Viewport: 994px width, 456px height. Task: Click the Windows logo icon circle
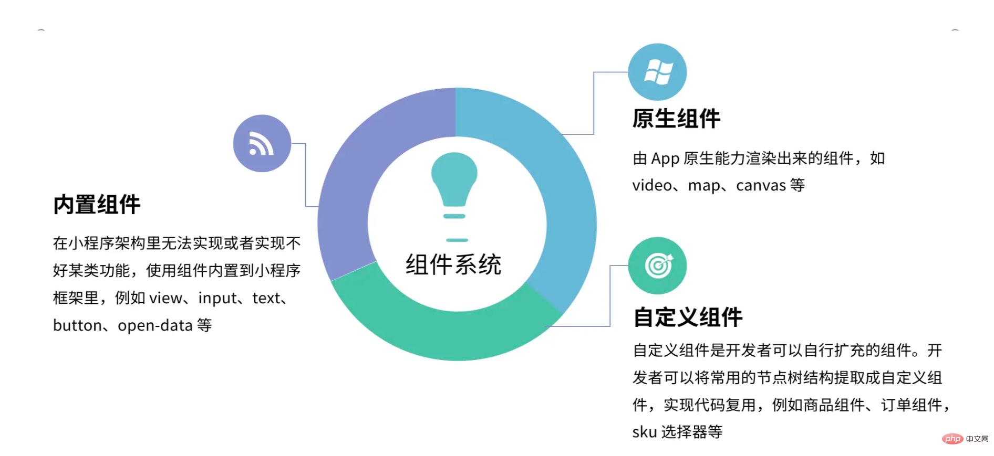click(x=657, y=72)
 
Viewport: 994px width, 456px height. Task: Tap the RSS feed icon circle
click(x=262, y=143)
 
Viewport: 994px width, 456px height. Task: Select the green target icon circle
click(x=657, y=266)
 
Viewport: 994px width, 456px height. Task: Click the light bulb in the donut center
click(x=454, y=197)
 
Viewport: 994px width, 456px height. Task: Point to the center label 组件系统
click(x=453, y=264)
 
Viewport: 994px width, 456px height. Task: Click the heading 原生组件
click(x=676, y=119)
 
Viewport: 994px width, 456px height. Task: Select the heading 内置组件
click(x=97, y=205)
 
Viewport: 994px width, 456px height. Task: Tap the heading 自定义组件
click(x=688, y=317)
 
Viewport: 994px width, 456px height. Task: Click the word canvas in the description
click(x=761, y=185)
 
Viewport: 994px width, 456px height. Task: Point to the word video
click(x=652, y=185)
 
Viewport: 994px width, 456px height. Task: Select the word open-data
click(x=155, y=326)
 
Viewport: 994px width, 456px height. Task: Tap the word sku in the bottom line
click(x=645, y=432)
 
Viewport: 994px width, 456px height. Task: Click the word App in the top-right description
click(x=665, y=158)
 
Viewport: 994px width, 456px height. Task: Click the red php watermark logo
click(x=952, y=439)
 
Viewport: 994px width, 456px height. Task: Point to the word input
click(x=218, y=299)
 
